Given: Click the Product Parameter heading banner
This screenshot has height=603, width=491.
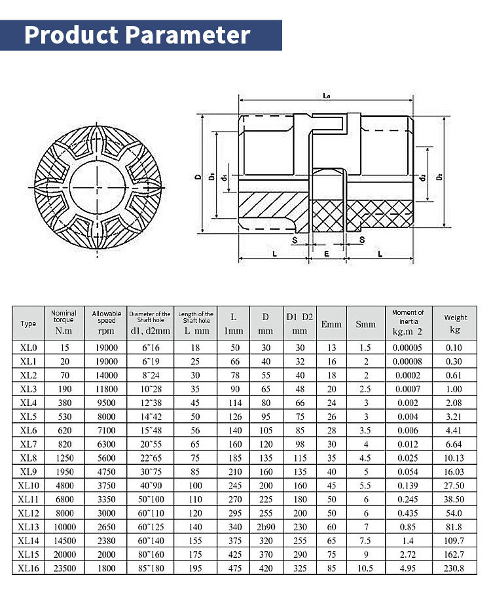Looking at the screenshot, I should (x=137, y=35).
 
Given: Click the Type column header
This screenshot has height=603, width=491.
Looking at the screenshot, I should (x=28, y=324).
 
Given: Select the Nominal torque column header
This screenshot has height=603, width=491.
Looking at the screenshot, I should (x=64, y=323).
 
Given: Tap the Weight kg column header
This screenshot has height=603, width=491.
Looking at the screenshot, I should (x=456, y=323).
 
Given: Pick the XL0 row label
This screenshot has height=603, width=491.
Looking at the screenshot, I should (x=28, y=348).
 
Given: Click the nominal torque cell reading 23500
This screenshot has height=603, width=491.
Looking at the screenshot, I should (x=64, y=568).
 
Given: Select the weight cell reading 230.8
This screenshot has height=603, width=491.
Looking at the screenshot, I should (x=456, y=568).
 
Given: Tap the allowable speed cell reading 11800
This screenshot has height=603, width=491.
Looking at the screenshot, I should (x=107, y=390).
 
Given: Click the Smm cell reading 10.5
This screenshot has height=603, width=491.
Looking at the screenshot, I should (x=366, y=568).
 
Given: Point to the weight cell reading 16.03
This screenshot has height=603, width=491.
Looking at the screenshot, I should (x=456, y=472).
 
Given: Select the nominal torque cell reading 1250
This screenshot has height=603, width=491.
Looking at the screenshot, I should (x=64, y=458).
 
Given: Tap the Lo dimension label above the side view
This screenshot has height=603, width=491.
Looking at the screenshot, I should (x=326, y=96).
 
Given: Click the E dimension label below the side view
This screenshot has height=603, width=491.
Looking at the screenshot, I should (x=325, y=252).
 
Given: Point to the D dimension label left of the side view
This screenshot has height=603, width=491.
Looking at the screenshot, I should (x=197, y=177).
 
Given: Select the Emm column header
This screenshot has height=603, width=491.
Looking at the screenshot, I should (x=331, y=324).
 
